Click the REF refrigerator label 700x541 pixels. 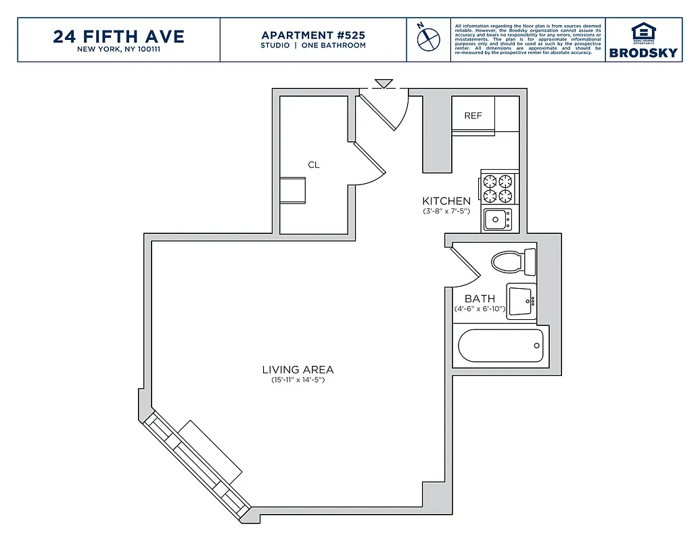[473, 116]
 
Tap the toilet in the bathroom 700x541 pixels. [513, 262]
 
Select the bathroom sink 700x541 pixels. [521, 301]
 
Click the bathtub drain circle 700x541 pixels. [537, 346]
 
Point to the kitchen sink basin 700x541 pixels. [496, 219]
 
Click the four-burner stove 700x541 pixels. [498, 189]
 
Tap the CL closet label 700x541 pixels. [314, 165]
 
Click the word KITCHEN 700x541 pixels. [446, 201]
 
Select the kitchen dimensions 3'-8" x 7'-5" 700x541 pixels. [446, 211]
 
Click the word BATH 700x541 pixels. [480, 298]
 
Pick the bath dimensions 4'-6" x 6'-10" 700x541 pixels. [480, 309]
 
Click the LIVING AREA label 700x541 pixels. [298, 369]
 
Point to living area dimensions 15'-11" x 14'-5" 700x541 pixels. [298, 380]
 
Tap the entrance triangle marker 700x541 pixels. [384, 84]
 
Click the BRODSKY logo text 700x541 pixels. [643, 53]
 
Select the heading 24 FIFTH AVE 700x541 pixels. [118, 37]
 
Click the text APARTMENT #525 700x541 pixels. [313, 35]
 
